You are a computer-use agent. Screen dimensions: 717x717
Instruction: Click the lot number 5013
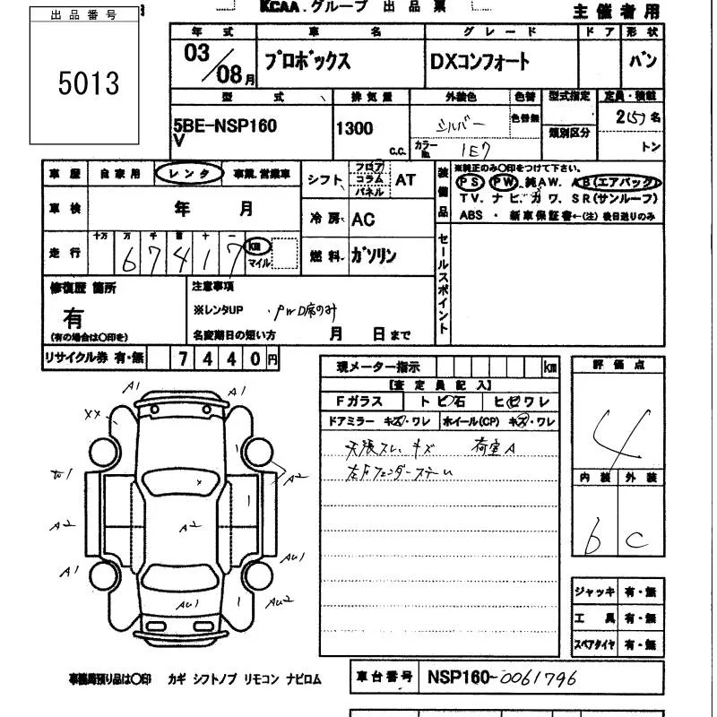click(88, 83)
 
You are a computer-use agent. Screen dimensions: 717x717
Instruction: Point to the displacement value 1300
click(354, 128)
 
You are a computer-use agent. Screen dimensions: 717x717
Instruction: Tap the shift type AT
click(405, 180)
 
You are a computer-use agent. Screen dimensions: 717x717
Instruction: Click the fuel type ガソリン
click(374, 256)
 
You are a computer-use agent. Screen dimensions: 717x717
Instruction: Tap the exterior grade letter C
click(639, 540)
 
